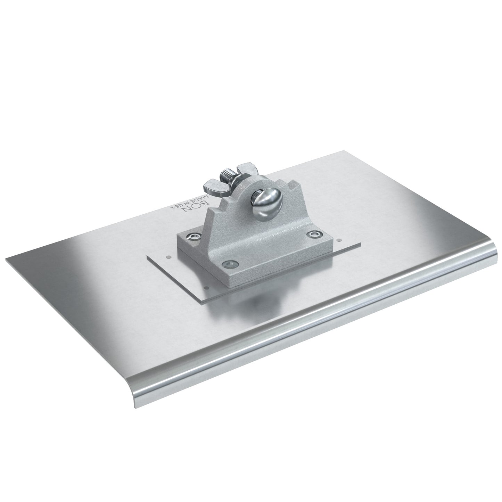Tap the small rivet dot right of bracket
(338, 239)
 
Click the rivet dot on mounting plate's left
(168, 257)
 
